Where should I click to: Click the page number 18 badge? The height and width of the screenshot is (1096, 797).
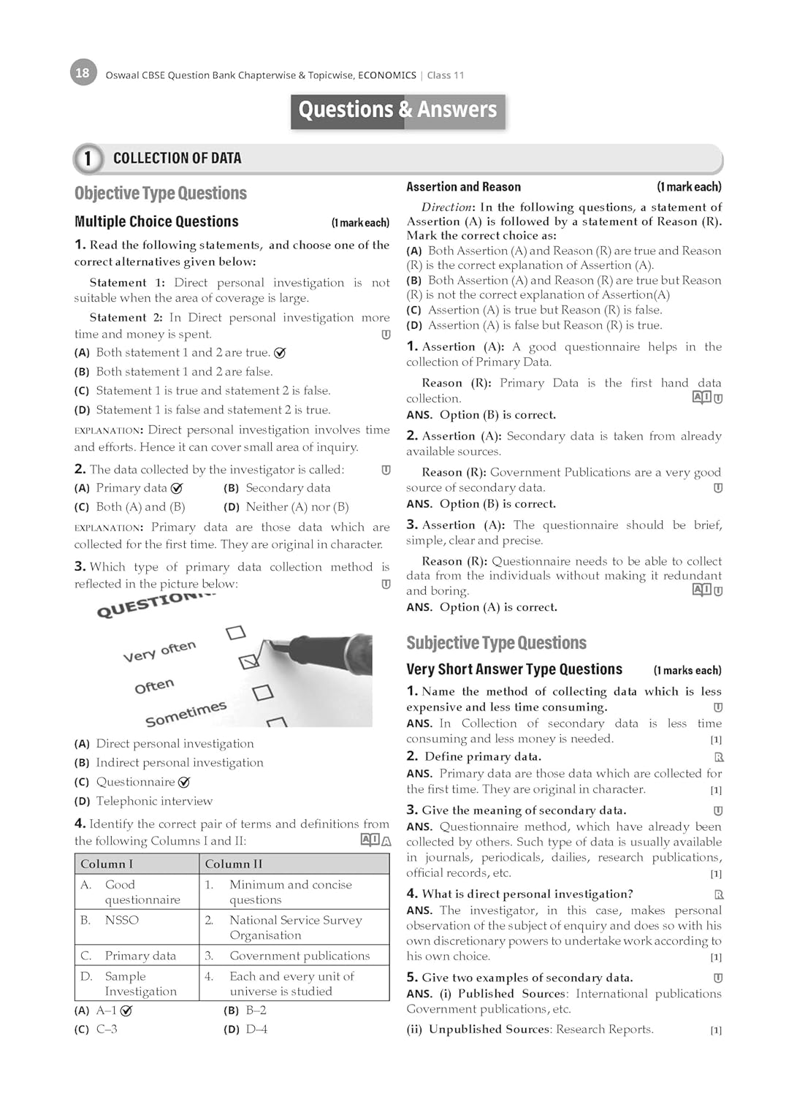[83, 73]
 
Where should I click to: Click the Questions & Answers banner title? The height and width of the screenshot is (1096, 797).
[397, 110]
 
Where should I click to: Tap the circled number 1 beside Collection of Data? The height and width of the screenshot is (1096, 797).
[88, 159]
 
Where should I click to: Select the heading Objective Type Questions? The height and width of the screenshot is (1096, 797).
[161, 194]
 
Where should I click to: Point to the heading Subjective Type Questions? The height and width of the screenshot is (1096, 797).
[496, 643]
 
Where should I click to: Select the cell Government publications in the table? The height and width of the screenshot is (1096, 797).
[300, 956]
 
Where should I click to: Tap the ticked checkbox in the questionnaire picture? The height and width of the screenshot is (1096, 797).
[249, 661]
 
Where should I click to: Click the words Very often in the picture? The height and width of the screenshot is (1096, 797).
[159, 650]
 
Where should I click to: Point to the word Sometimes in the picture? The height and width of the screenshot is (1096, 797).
[186, 714]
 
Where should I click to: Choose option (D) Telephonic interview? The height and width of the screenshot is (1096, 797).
[154, 801]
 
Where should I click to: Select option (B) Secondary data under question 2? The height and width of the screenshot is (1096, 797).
[287, 488]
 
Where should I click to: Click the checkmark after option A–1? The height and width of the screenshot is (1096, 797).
[126, 1011]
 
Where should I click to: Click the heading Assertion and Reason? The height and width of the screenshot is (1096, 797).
[463, 187]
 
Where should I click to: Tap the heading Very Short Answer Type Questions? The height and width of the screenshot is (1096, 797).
[514, 669]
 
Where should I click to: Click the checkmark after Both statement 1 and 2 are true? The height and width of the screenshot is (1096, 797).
[279, 353]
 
